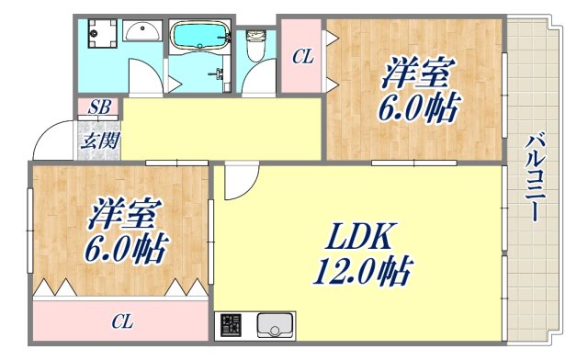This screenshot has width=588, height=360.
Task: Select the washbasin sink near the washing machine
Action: click(142, 33)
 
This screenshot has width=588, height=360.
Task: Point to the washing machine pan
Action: click(96, 36)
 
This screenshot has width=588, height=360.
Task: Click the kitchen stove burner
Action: click(229, 327)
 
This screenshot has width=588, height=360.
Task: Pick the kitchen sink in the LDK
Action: click(275, 326)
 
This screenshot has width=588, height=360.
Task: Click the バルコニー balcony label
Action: click(532, 178)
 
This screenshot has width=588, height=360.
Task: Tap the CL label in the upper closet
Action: click(301, 58)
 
